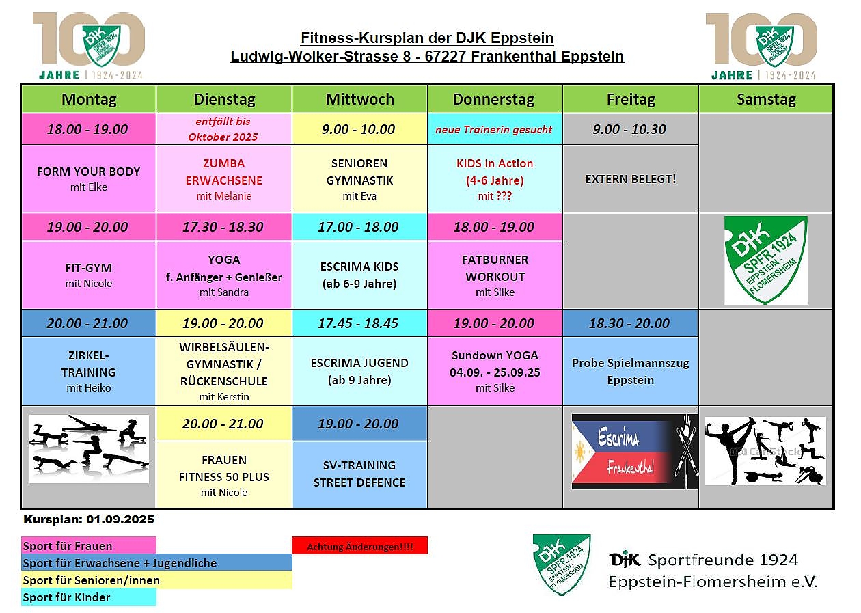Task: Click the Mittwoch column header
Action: point(359,99)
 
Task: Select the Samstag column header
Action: point(765,99)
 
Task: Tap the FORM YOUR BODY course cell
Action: point(89,179)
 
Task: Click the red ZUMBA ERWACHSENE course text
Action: point(224,172)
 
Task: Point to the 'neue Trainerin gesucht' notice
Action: point(494,130)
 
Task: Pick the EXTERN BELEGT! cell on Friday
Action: point(630,179)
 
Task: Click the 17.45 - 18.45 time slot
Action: point(359,323)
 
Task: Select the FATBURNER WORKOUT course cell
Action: point(495,275)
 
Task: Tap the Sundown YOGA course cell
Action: point(495,371)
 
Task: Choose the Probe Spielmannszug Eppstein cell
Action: point(630,371)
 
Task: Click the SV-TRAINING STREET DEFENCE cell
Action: point(359,475)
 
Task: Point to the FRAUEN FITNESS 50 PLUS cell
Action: point(224,475)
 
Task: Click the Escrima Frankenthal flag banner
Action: point(635,452)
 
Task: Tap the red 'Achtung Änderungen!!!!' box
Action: point(359,545)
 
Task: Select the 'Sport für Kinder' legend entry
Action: point(89,597)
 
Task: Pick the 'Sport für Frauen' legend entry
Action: point(89,546)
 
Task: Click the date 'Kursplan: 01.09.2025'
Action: point(89,519)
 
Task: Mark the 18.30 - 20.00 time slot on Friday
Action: point(630,323)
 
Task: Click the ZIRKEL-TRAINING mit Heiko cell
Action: point(89,371)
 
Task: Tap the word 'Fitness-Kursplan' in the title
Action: point(358,38)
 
